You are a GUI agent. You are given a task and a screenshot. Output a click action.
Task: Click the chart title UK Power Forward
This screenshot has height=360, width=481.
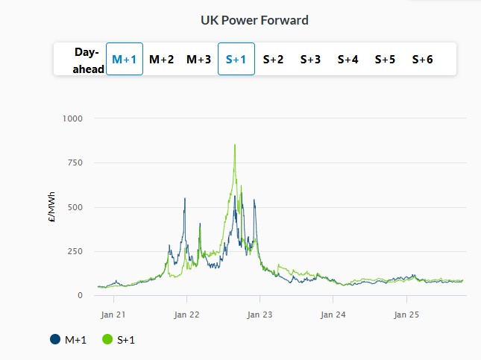coord(254,20)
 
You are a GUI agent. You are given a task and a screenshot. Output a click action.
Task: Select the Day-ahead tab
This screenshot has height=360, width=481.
coord(87,59)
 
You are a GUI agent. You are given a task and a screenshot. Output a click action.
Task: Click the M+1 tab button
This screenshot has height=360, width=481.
coord(124,59)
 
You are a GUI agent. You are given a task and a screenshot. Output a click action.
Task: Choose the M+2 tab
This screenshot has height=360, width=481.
coord(161,59)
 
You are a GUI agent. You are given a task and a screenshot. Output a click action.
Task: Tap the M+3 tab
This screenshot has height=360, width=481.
coord(198,59)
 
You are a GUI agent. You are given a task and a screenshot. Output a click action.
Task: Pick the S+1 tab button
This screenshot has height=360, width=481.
coord(236,59)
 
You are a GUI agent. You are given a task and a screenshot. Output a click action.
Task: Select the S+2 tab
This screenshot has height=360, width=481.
coord(273,59)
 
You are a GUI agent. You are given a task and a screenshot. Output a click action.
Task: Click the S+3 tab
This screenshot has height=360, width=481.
coord(310,59)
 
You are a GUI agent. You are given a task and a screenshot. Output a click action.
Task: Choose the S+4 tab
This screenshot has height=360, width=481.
coord(348,59)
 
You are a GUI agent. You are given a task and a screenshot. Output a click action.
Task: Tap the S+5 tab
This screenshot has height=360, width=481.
coord(385,59)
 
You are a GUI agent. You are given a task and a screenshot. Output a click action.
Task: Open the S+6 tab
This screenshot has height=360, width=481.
coord(422,59)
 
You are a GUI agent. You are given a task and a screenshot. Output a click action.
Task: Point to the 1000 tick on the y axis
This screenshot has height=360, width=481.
coord(72,119)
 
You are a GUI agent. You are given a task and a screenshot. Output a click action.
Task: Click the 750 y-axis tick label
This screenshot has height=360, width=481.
coord(75,162)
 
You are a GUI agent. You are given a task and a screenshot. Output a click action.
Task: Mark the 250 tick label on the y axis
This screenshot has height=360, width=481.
coord(75,251)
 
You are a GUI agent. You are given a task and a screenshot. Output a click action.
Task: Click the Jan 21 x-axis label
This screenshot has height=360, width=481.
coord(113,314)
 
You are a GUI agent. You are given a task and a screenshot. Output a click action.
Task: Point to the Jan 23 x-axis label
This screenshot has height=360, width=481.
coord(260,314)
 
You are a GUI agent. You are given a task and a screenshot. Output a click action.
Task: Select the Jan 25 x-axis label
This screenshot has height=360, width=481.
coord(406,314)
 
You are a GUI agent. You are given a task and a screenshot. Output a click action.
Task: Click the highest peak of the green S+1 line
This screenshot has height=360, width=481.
coord(235,145)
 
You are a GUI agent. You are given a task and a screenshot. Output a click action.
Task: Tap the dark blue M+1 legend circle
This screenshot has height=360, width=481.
coord(55,340)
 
